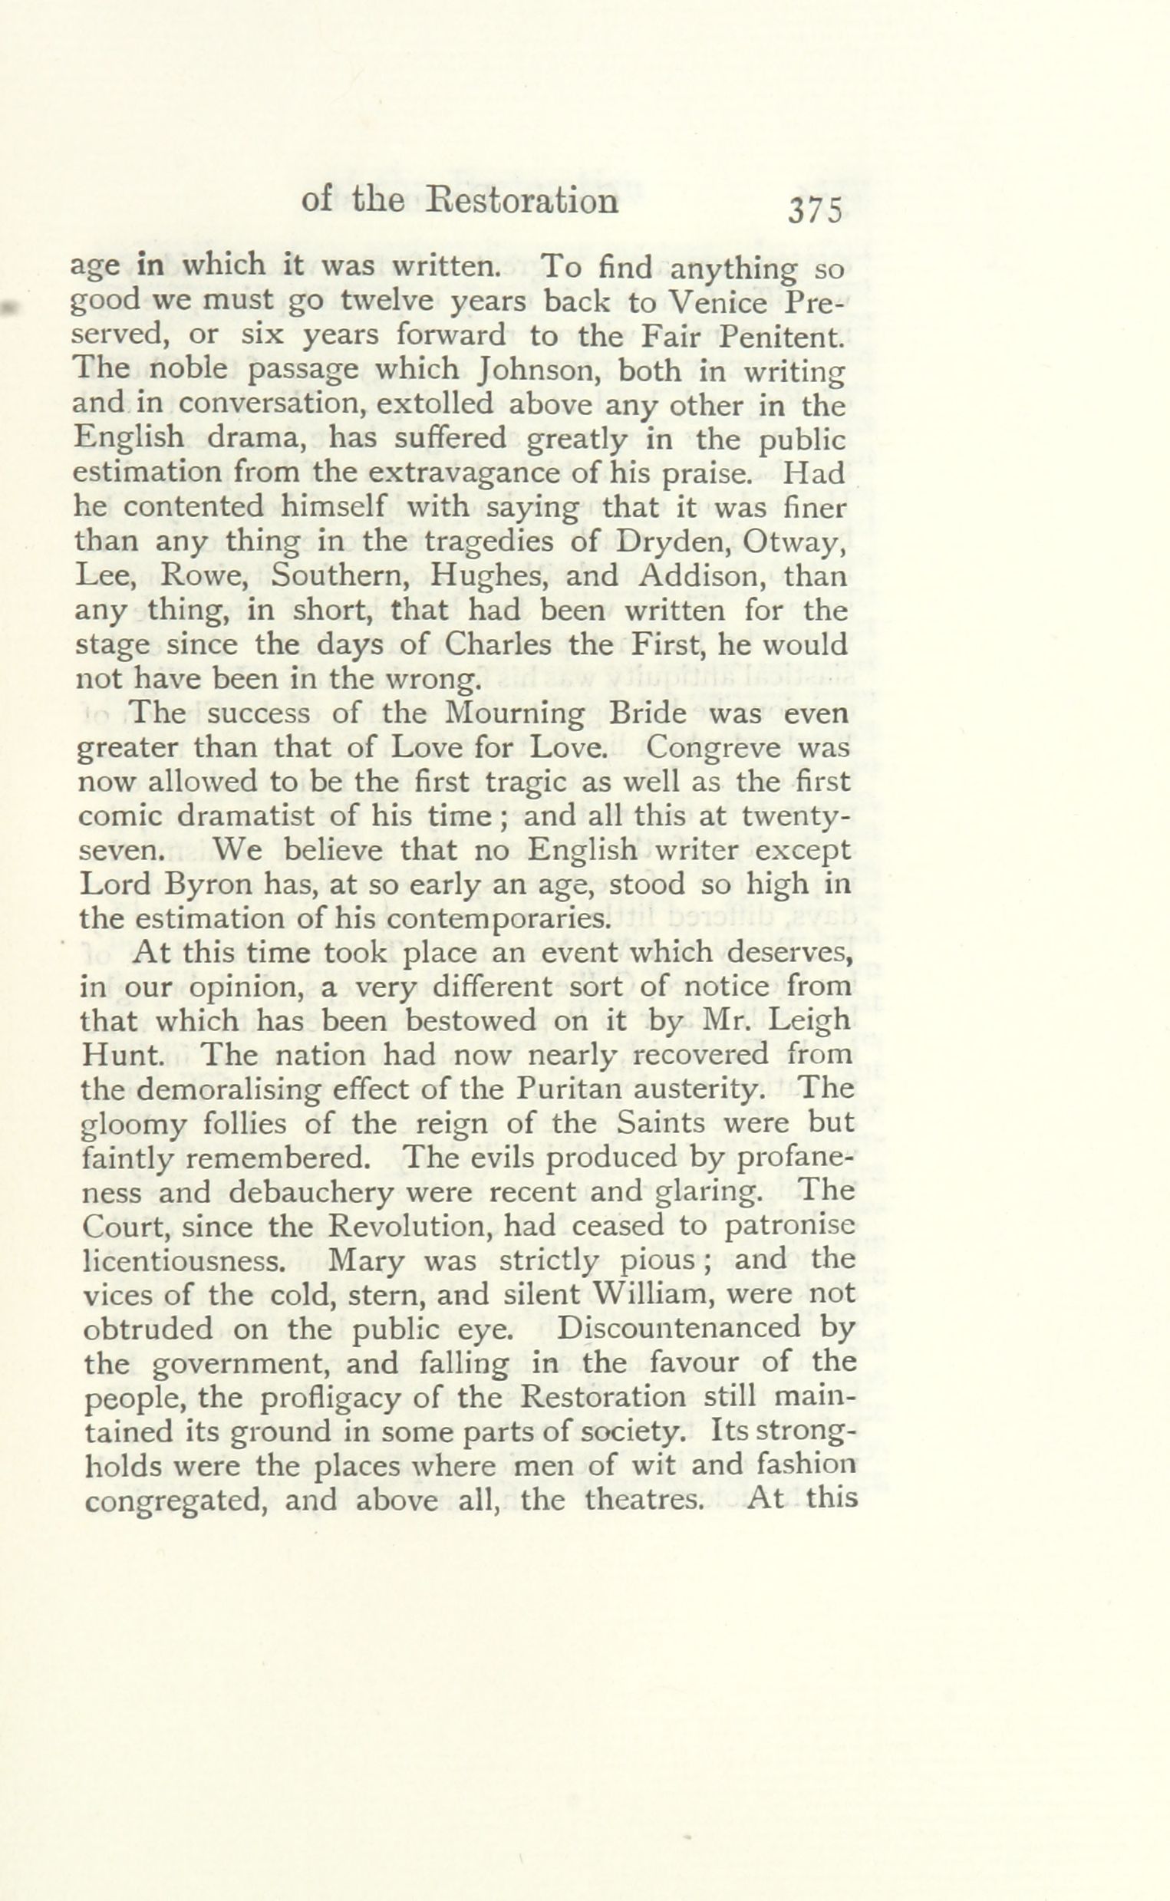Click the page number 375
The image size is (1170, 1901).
(815, 211)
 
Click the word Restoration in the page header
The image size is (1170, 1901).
(523, 201)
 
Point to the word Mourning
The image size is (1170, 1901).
(515, 713)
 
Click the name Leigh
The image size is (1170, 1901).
(815, 1021)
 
